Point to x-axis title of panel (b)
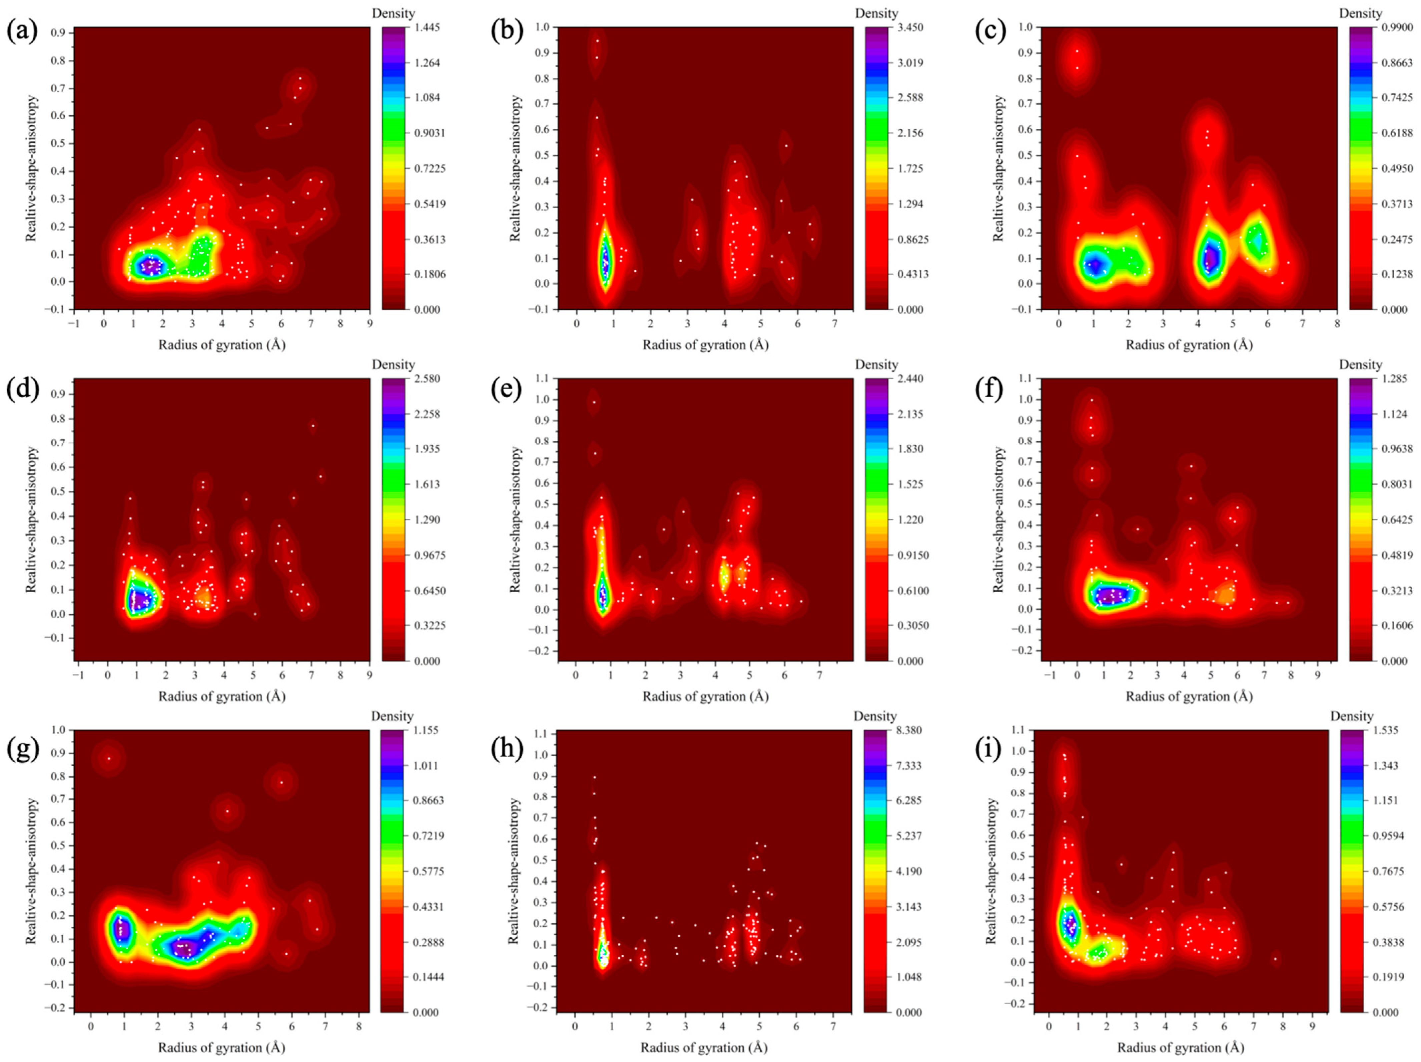[705, 345]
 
